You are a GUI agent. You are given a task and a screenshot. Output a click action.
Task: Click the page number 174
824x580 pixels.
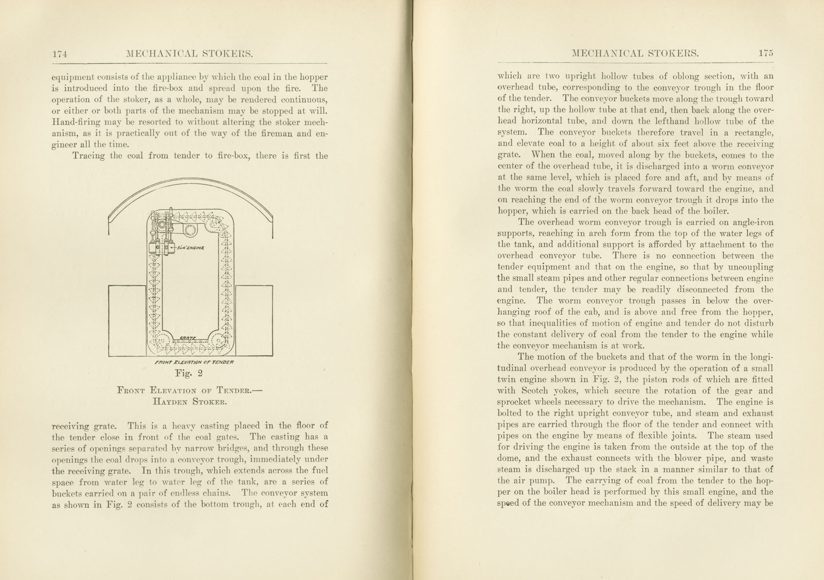coord(59,54)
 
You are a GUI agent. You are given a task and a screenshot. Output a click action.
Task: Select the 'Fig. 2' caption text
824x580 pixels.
coord(189,373)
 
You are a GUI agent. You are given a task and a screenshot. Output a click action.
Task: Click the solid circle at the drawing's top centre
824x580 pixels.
coord(190,230)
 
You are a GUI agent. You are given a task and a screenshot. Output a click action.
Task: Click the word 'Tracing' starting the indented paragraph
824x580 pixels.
coord(88,156)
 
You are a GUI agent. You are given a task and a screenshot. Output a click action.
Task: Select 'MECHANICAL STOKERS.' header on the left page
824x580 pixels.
coord(189,54)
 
